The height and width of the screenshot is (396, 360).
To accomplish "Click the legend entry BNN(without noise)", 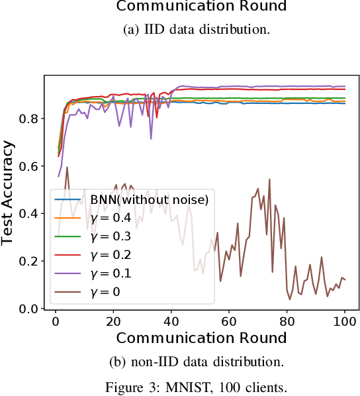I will coord(149,198).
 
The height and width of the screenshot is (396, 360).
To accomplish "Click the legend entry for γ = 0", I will coord(105,291).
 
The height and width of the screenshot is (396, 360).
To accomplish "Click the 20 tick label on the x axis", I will coord(113,322).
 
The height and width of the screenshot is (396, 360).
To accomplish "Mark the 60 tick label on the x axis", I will coord(229,322).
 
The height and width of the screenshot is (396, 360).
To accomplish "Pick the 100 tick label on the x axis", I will coord(345,322).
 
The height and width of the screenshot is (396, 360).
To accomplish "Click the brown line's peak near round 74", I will coord(269,179).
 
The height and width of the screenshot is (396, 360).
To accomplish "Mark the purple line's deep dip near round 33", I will coord(151,138).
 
